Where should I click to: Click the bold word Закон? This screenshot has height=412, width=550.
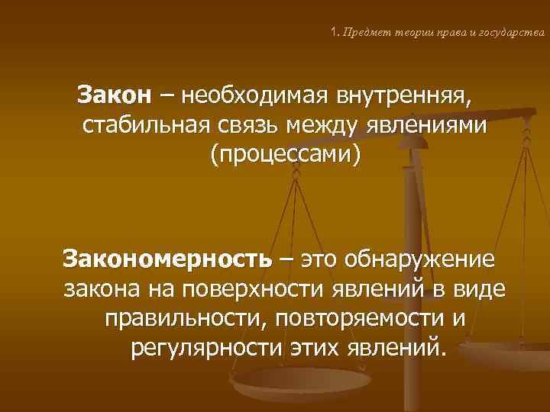115,97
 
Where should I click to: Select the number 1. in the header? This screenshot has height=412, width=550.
335,33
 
